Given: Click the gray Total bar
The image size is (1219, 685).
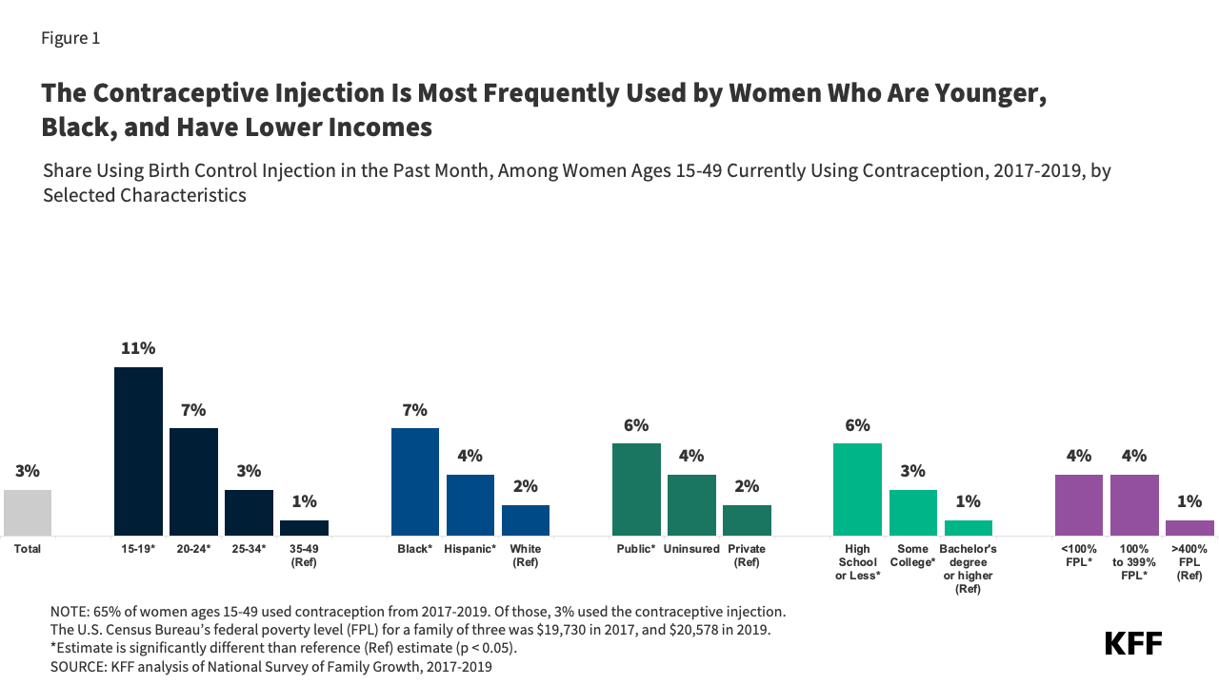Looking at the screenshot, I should coord(28,513).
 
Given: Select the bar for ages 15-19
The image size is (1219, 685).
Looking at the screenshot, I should coord(138,451).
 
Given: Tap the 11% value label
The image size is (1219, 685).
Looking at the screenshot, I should coord(138,348).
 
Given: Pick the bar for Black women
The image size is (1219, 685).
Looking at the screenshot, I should coord(415,481).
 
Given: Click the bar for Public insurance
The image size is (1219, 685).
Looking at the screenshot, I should coord(636,489).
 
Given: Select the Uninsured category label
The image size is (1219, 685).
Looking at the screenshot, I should coord(691,549).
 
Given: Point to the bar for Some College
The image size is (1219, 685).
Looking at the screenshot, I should coord(912,513).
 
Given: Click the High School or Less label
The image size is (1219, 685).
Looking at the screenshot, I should coord(857,562).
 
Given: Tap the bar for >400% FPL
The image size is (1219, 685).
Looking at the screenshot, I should coord(1189,528).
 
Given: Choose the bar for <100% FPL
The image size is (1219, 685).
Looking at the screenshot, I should coord(1078,504).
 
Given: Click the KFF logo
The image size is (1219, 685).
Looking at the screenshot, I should coord(1133,643).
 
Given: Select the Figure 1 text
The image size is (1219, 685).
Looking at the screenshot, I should coord(70,38).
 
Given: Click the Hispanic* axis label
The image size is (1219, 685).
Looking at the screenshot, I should coord(470,549).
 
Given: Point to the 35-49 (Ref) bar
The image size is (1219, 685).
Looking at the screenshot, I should coord(304,528).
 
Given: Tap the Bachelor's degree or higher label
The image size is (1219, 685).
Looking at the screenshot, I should coord(968,569).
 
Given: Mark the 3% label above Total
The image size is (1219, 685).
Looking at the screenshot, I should coord(28,471).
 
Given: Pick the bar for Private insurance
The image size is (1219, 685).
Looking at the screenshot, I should coord(747,520).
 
